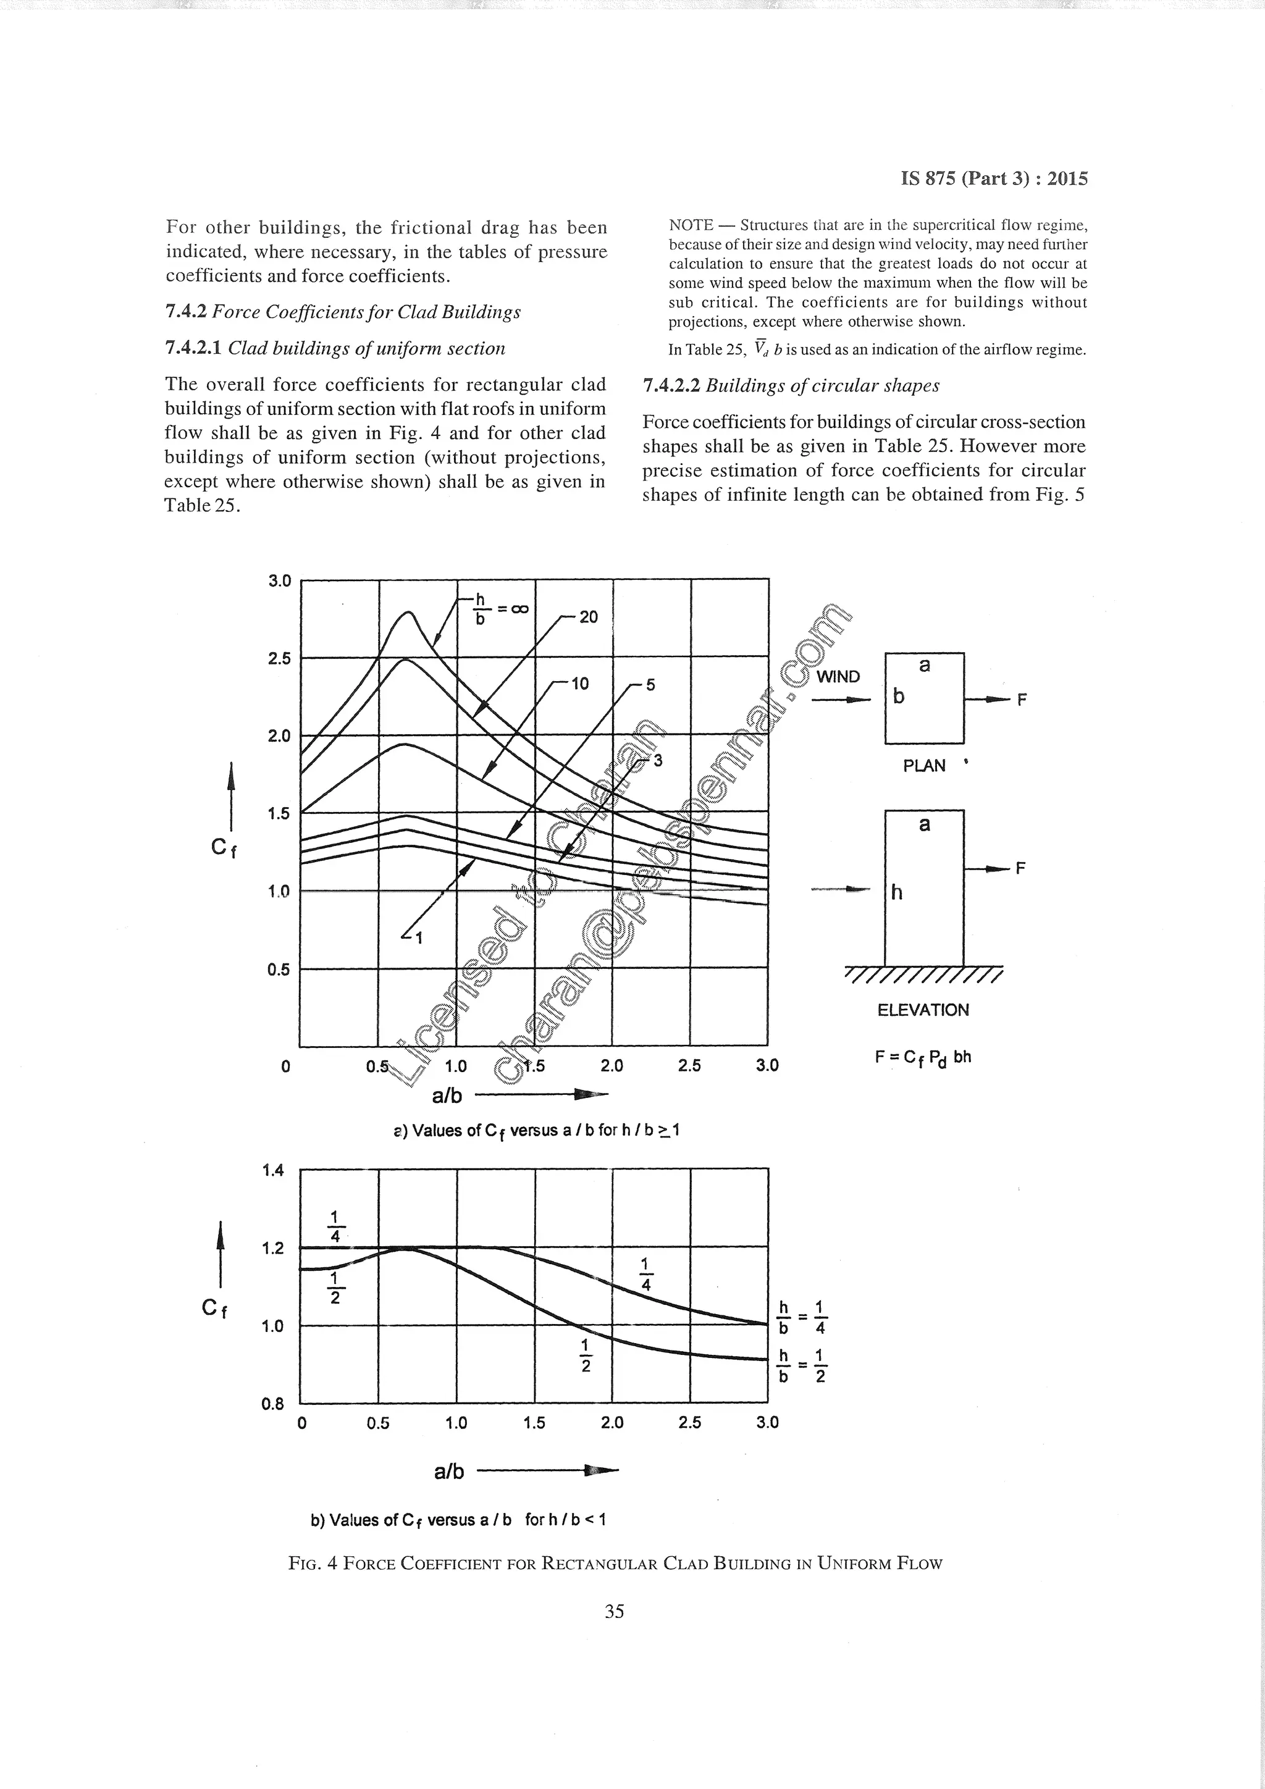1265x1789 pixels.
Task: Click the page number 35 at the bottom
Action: pos(614,1611)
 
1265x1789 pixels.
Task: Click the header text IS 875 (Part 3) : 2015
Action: pos(994,178)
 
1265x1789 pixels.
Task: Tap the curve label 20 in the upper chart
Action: pos(589,617)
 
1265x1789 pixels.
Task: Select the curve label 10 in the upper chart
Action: pos(580,684)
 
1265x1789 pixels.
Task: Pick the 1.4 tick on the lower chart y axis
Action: pos(273,1170)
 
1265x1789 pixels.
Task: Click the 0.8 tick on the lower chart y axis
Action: pos(273,1404)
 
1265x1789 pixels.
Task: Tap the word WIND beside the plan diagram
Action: pos(838,677)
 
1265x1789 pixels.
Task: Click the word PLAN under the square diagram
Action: pos(923,766)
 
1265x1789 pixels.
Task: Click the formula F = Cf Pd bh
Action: pos(923,1057)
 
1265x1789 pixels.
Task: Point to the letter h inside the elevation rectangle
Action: pos(896,892)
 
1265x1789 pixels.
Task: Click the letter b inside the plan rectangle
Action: pos(899,696)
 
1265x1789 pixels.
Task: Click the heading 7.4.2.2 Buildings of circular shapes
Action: pos(791,386)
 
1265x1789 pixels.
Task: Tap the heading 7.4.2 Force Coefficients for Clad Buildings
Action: pos(343,312)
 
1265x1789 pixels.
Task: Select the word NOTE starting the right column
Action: pos(691,225)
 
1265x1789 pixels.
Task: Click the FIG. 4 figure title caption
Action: pos(615,1563)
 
